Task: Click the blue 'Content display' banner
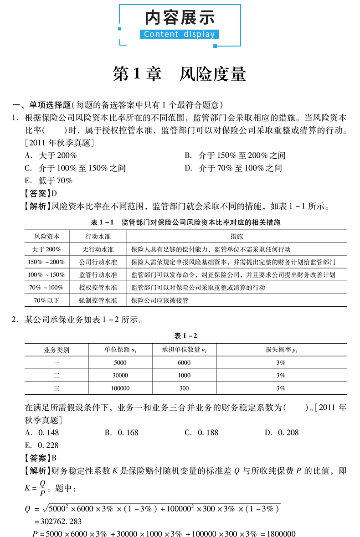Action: [180, 34]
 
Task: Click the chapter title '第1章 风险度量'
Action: [180, 74]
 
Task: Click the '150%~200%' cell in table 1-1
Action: [46, 262]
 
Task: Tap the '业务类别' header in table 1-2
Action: [57, 350]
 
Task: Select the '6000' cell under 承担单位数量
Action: [184, 362]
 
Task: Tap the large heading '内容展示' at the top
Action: [180, 17]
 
